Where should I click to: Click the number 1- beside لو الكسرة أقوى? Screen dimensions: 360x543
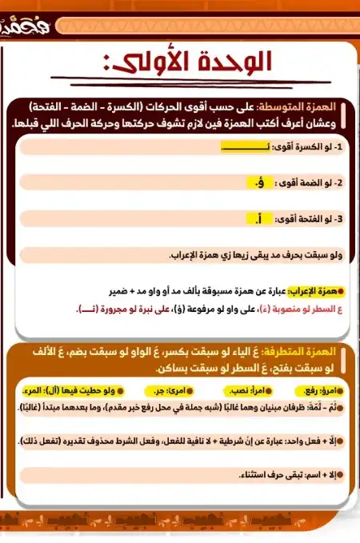click(338, 147)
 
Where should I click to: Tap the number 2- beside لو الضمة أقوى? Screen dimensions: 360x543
click(338, 183)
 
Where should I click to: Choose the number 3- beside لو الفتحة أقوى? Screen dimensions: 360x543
click(338, 218)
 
